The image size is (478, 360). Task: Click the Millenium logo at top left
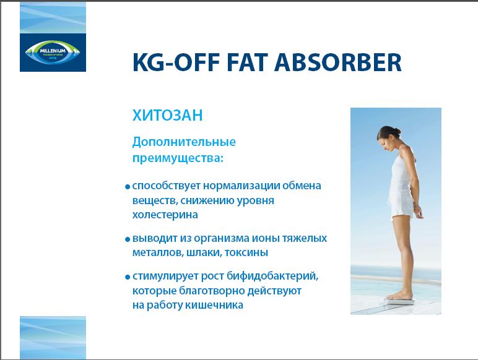(x=53, y=51)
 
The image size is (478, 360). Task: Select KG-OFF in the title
(x=176, y=62)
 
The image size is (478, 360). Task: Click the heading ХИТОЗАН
(x=167, y=116)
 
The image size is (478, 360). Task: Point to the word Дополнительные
(x=184, y=142)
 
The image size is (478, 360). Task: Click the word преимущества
(x=176, y=159)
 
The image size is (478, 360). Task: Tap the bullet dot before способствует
(x=128, y=187)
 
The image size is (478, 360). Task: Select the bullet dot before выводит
(x=128, y=239)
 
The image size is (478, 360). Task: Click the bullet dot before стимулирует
(x=128, y=277)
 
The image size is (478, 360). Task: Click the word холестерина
(x=165, y=215)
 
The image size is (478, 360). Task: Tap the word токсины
(x=246, y=252)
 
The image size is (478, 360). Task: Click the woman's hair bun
(x=398, y=131)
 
